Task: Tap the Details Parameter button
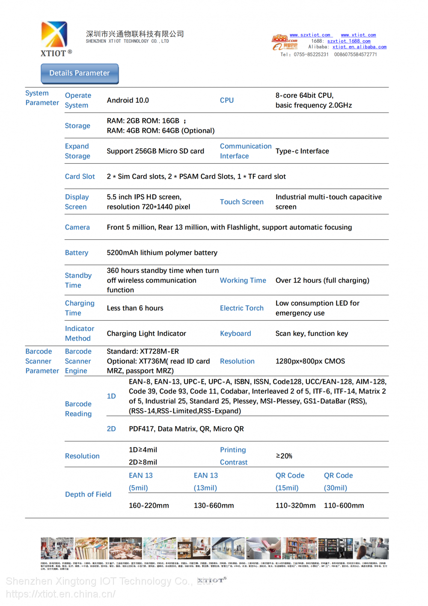pyautogui.click(x=80, y=73)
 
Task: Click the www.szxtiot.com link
pyautogui.click(x=310, y=35)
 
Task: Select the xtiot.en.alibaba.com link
pyautogui.click(x=359, y=47)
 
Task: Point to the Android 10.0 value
pyautogui.click(x=128, y=101)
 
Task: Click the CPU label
pyautogui.click(x=227, y=101)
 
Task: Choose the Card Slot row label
pyautogui.click(x=80, y=176)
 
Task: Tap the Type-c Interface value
pyautogui.click(x=302, y=151)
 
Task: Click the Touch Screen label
pyautogui.click(x=241, y=202)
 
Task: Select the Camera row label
pyautogui.click(x=77, y=227)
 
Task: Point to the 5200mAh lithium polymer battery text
pyautogui.click(x=162, y=253)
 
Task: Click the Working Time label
pyautogui.click(x=243, y=281)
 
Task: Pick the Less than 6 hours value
pyautogui.click(x=135, y=308)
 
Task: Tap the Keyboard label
pyautogui.click(x=235, y=334)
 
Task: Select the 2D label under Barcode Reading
pyautogui.click(x=111, y=429)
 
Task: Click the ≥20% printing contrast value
pyautogui.click(x=284, y=456)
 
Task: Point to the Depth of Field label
pyautogui.click(x=88, y=495)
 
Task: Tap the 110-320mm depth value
pyautogui.click(x=295, y=506)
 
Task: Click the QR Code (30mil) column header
pyautogui.click(x=338, y=481)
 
